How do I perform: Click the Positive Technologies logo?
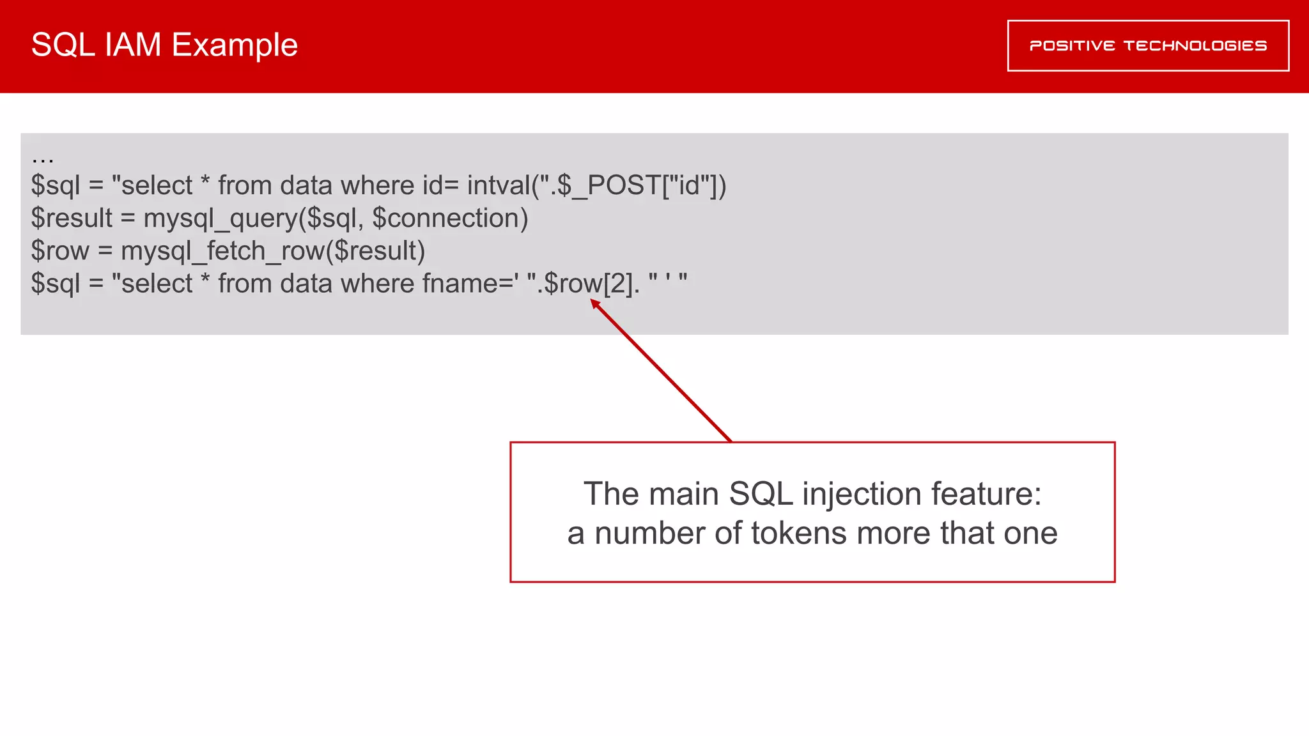tap(1148, 45)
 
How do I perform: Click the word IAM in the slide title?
tap(133, 45)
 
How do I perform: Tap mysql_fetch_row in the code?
tap(222, 251)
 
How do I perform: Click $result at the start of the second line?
tap(72, 218)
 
